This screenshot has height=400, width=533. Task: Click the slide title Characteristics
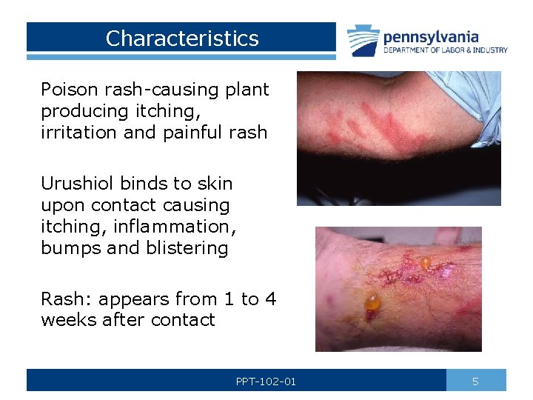(182, 39)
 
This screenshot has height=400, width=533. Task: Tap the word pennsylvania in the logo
(431, 36)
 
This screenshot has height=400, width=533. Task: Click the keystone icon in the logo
(363, 41)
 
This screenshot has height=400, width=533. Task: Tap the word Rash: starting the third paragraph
(67, 299)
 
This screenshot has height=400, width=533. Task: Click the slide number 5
(475, 381)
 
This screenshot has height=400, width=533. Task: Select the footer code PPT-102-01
(266, 381)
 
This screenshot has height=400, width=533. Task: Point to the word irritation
(76, 133)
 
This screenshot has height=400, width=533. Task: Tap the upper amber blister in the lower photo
(426, 262)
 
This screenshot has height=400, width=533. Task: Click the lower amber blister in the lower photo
(372, 303)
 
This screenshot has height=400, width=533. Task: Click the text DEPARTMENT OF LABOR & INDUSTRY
(445, 50)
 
